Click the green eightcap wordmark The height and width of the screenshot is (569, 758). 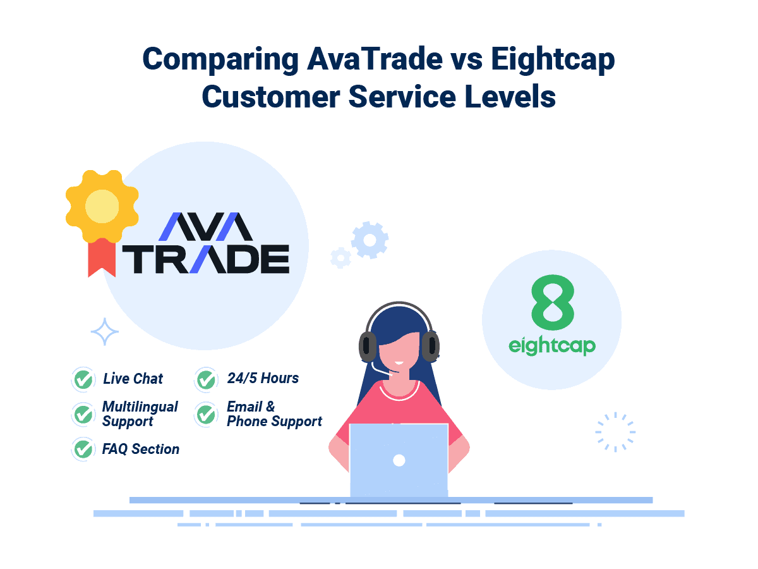(552, 346)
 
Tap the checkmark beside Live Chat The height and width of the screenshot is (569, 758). (83, 379)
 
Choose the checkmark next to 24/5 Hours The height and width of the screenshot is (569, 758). (206, 379)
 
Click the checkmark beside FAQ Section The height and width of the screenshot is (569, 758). (83, 449)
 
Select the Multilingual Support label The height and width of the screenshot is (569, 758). (140, 413)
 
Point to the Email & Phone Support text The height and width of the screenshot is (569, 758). (274, 413)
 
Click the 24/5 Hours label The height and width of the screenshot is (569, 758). (263, 378)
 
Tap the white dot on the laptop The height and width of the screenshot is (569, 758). (399, 460)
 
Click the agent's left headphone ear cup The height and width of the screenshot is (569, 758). (368, 346)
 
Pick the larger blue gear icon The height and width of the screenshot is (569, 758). (370, 240)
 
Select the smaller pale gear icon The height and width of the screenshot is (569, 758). (340, 257)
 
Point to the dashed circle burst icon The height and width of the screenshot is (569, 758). (615, 432)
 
